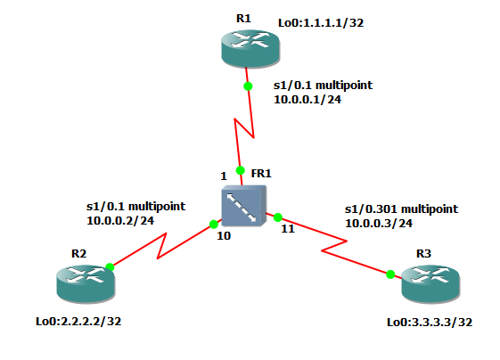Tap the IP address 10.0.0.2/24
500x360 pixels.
[x=120, y=219]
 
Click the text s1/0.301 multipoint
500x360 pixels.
[x=401, y=209]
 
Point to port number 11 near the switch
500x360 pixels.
[x=287, y=229]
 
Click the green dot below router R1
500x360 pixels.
[x=249, y=86]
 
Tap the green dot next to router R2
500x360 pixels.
[x=110, y=266]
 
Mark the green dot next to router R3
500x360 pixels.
[x=390, y=274]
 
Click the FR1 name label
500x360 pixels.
[x=261, y=174]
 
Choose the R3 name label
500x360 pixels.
[x=423, y=254]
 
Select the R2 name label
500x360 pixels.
[x=78, y=253]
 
